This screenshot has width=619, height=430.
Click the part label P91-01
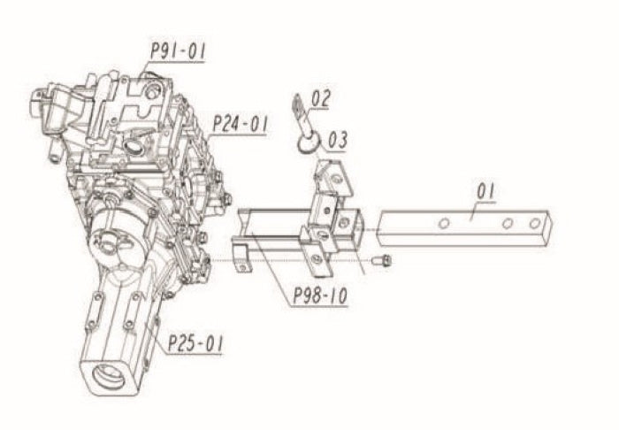coord(179,51)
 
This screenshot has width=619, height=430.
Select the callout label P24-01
coord(240,124)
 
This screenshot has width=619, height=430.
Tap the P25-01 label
coord(195,343)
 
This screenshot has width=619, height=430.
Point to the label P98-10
coord(320,295)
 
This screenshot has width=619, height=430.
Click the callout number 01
coord(485,191)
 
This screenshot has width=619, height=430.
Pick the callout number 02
coord(320,99)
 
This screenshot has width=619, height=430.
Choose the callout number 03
coord(338,140)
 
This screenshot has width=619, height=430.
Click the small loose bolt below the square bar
coord(382,260)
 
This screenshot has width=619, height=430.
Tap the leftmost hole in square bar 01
coord(444,224)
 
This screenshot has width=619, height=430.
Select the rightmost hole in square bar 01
coord(534,224)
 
